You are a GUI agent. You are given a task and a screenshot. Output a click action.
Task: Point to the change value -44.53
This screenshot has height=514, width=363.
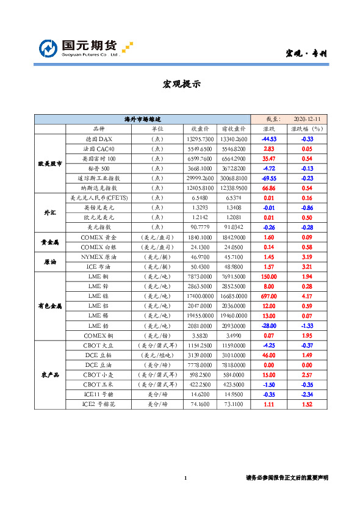tap(269, 139)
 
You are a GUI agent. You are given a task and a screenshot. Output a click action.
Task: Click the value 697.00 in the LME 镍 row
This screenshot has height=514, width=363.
tap(269, 295)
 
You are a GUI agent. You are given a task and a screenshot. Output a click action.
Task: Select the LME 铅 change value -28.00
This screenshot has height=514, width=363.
tap(269, 325)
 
